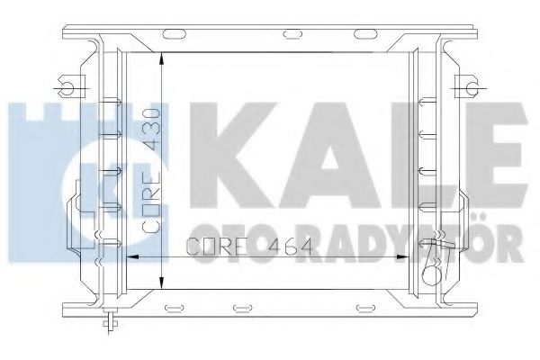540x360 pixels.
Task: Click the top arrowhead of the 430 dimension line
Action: [x=159, y=57]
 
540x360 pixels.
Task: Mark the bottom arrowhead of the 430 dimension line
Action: [x=159, y=287]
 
